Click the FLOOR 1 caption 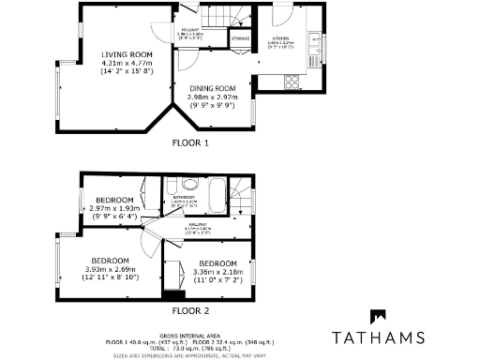(191, 143)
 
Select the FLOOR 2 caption (191, 310)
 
